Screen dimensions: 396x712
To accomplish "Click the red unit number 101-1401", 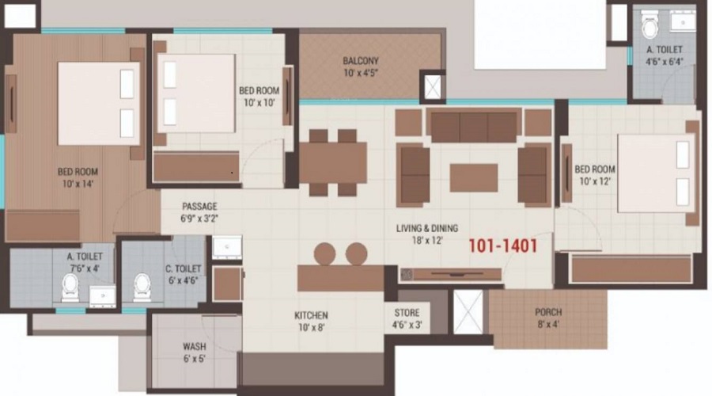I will click(503, 246).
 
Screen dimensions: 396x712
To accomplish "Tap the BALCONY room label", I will click(361, 61).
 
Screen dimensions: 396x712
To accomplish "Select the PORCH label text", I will click(549, 312).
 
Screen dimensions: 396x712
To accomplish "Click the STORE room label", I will click(407, 313).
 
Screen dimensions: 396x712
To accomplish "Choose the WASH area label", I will click(195, 346).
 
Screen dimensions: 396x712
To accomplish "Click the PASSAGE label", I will click(199, 206).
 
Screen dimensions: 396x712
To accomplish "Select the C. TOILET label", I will click(183, 269).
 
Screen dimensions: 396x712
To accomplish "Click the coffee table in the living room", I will click(474, 177).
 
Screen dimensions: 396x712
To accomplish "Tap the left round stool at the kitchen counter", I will click(325, 253).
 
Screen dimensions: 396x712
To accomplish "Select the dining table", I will click(332, 162).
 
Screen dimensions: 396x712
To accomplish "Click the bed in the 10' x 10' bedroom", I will click(199, 93).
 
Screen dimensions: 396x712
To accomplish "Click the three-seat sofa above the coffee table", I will click(473, 125).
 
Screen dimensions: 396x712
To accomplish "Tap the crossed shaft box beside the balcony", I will click(433, 86).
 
